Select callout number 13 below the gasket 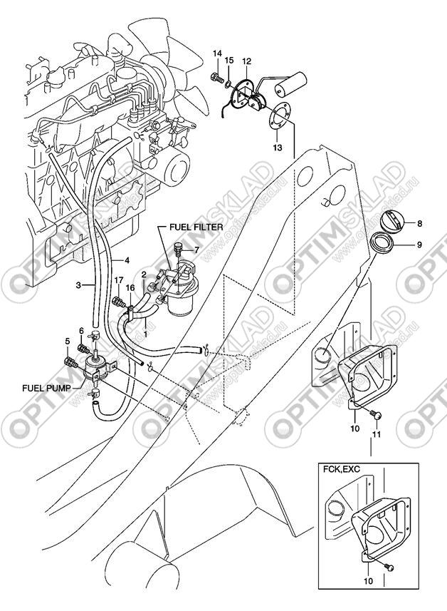(276, 148)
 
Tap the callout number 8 (419, 223)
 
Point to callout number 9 (419, 245)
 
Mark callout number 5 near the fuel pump (68, 342)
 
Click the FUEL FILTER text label (196, 226)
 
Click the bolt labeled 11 (378, 415)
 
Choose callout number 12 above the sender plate (246, 61)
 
